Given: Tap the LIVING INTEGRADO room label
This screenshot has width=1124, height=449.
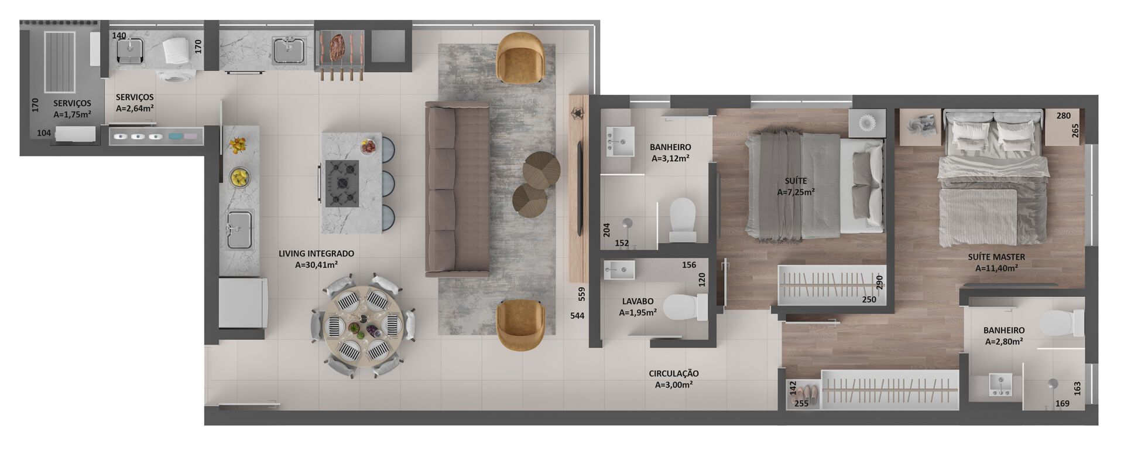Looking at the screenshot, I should [x=316, y=254].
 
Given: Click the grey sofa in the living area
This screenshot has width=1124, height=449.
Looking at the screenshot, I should [x=457, y=189].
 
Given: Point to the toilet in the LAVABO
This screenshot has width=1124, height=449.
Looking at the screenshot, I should [x=686, y=307].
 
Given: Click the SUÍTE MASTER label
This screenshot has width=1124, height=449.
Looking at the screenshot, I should [x=996, y=257].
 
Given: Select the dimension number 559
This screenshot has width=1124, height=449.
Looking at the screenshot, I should [x=581, y=294].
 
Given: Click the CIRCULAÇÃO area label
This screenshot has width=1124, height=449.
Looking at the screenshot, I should [x=673, y=373].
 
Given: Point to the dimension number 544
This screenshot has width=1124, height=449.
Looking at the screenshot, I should [x=577, y=316].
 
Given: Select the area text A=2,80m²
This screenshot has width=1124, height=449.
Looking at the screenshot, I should [x=1003, y=342].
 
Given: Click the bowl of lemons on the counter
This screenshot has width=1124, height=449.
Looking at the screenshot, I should [x=239, y=177].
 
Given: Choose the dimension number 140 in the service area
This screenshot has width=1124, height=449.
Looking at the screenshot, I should [x=119, y=35].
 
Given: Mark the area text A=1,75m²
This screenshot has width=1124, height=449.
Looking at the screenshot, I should [x=72, y=115].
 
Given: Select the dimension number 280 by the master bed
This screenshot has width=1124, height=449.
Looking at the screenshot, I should [x=1064, y=116].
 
